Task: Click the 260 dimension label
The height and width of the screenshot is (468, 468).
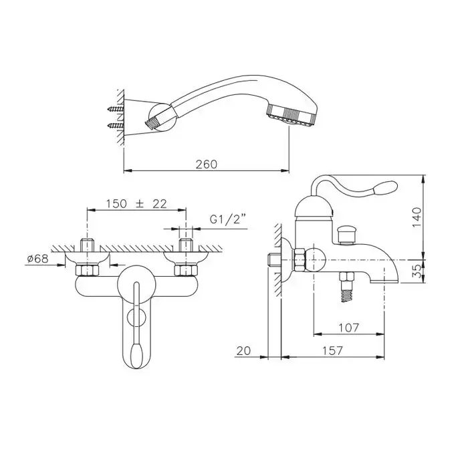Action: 207,164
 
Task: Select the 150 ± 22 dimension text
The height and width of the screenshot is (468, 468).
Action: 136,204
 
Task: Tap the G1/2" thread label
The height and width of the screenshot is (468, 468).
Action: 225,219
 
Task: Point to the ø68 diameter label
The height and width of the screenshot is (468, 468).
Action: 37,259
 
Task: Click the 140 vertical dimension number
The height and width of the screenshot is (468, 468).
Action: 417,217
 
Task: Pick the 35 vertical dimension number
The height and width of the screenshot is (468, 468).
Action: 418,271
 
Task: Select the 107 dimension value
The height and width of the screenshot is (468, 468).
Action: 348,328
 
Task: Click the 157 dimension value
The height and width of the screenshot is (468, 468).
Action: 332,351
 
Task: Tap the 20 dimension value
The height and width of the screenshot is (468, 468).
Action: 243,351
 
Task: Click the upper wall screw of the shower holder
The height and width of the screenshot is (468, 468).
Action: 116,109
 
